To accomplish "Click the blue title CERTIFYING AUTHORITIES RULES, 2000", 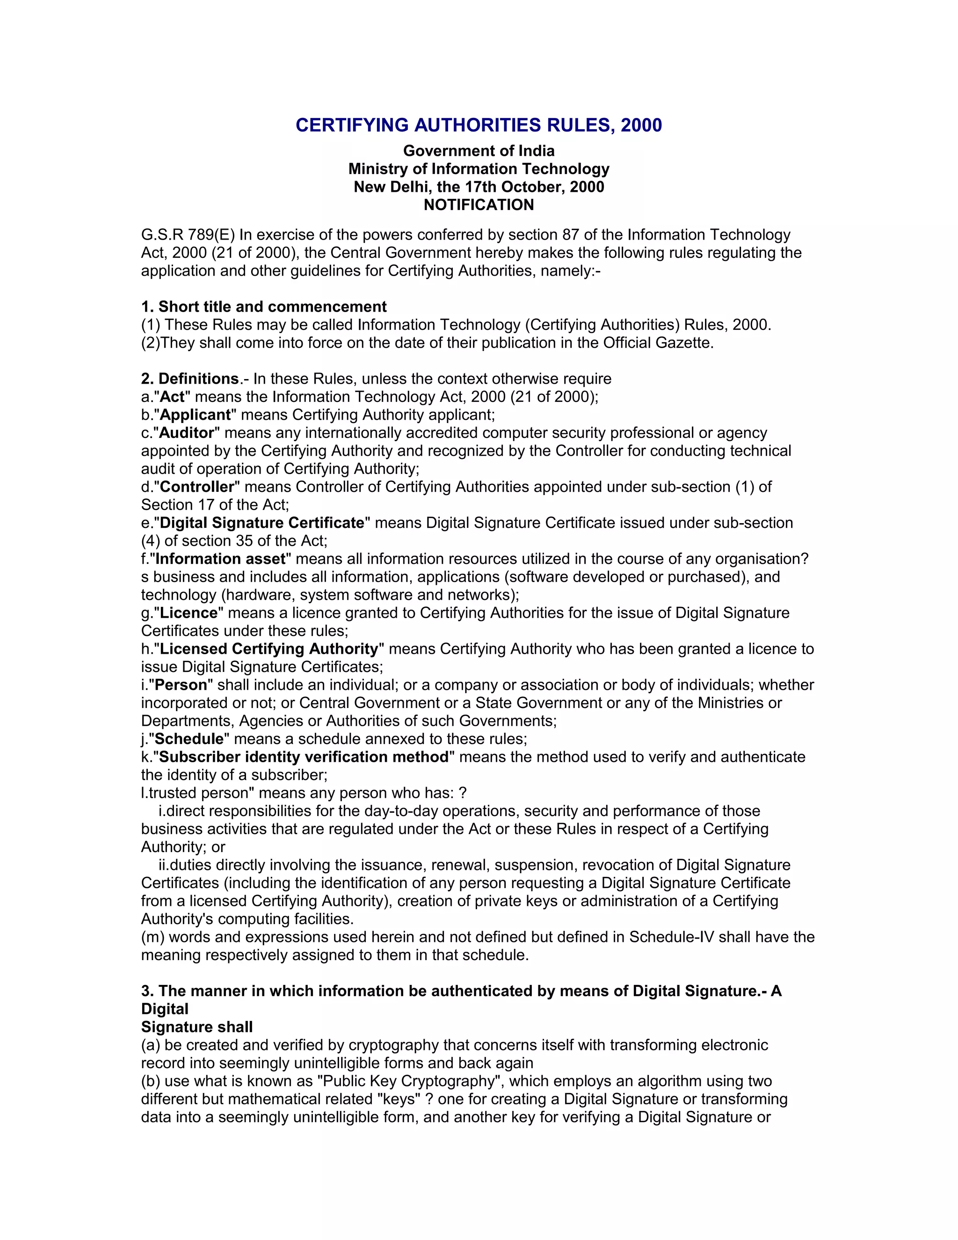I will [479, 125].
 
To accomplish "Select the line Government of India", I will [479, 151].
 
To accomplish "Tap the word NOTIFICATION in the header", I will [479, 205].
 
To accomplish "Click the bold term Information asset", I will [220, 559].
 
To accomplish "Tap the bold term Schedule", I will [189, 739].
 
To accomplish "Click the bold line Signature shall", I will [197, 1027].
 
